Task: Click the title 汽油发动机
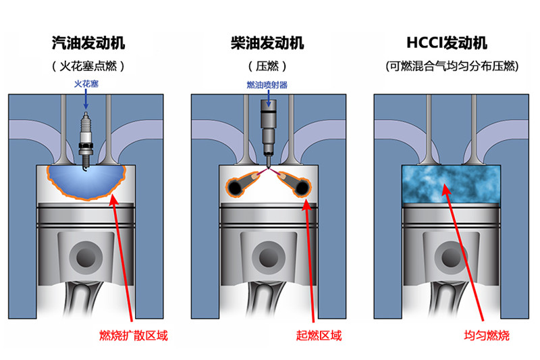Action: [x=88, y=44]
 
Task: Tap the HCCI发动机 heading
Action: [x=447, y=44]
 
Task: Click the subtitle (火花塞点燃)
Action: [x=88, y=67]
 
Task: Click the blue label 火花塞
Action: [x=88, y=85]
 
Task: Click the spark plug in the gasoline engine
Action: [x=86, y=138]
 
